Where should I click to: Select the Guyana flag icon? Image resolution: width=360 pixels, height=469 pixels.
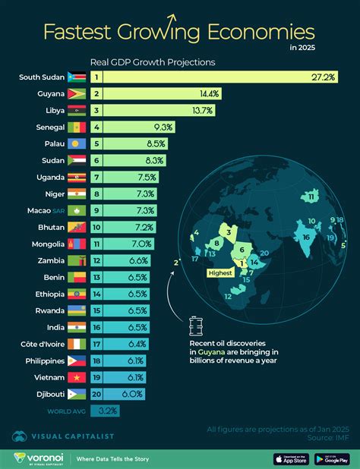77,94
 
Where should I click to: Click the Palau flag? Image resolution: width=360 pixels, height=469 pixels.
77,144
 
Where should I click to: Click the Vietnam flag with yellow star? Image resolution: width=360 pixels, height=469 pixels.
77,378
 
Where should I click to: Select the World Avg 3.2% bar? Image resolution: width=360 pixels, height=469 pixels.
104,411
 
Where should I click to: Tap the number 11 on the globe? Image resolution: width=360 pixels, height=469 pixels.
311,197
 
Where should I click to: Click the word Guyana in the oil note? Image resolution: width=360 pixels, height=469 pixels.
215,352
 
